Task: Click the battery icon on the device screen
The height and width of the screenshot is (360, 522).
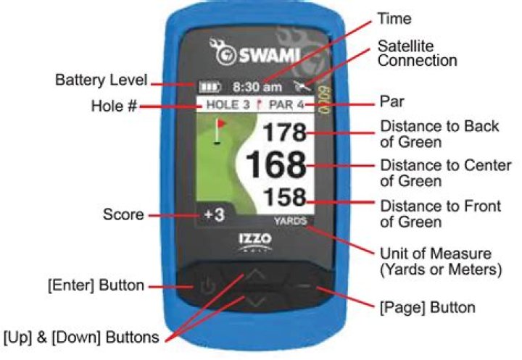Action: point(210,87)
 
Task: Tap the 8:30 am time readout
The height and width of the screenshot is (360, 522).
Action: point(257,87)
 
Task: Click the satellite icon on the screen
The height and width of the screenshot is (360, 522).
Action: point(302,86)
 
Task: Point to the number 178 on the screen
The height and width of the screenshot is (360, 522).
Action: point(285,132)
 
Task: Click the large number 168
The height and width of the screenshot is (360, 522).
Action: point(276,164)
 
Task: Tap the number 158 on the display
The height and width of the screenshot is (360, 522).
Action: point(285,196)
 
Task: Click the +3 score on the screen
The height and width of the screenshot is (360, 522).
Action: point(215,214)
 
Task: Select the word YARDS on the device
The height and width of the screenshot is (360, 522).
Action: point(290,221)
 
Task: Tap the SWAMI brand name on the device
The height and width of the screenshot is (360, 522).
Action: point(270,55)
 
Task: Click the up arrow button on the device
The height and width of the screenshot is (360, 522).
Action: point(255,275)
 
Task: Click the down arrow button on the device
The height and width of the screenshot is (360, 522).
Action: point(255,302)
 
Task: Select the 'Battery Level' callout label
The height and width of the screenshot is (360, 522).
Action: point(101,80)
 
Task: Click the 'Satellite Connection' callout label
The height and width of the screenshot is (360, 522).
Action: point(417,53)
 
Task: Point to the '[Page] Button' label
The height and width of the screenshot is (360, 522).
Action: point(428,307)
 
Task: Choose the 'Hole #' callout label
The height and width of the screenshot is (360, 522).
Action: point(115,106)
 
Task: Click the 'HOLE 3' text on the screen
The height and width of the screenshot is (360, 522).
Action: point(228,105)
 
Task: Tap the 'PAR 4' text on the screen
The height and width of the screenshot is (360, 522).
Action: point(286,105)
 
